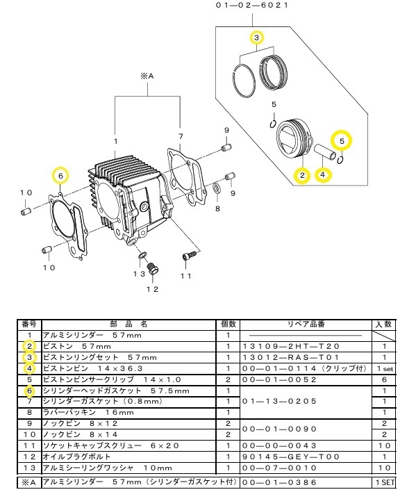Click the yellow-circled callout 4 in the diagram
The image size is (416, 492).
[x=323, y=175]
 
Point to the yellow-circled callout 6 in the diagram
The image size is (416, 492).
[x=60, y=177]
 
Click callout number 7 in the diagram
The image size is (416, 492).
[x=180, y=136]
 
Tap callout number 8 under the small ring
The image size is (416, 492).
[x=217, y=208]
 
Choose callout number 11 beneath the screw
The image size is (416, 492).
[x=185, y=276]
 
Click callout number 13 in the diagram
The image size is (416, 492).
[x=139, y=274]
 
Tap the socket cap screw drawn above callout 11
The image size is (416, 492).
[x=185, y=256]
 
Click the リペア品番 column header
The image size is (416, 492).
[x=307, y=324]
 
